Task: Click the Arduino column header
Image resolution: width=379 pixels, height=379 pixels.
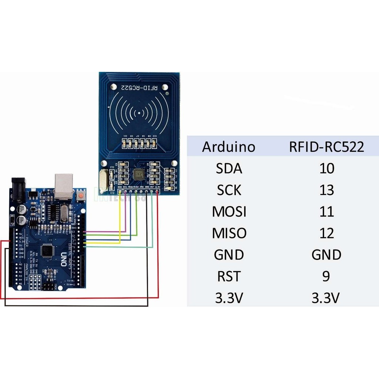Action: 228,147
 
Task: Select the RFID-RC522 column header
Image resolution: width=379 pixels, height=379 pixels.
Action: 326,147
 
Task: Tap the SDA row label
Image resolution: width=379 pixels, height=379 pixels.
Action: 229,169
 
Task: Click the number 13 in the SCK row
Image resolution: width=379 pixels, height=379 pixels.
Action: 326,190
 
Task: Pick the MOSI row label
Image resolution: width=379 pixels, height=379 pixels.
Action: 229,212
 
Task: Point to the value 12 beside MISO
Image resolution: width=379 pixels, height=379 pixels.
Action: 326,233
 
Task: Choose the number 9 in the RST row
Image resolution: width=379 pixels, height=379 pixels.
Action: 326,276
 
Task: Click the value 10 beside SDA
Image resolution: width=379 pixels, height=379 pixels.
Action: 326,169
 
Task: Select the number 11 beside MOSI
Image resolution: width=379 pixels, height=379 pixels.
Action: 326,212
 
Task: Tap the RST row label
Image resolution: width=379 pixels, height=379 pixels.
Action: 229,276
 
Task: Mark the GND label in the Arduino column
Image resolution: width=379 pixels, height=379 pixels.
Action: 229,255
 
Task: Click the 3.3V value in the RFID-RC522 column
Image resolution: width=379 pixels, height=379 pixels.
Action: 325,298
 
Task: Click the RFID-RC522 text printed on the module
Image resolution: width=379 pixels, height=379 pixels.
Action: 139,88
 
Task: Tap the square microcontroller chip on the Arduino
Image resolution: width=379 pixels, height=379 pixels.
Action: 47,251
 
